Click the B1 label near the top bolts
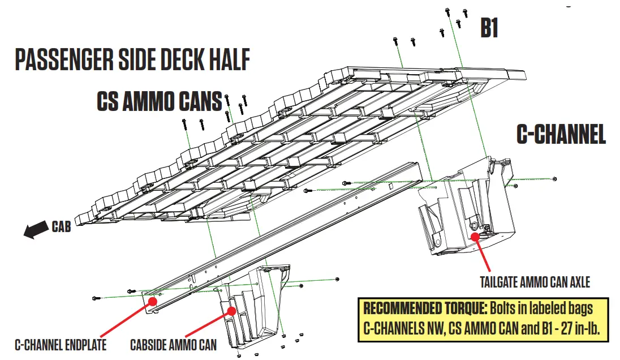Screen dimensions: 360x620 [489, 28]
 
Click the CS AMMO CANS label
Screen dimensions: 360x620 [159, 102]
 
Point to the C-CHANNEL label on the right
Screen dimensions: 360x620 [561, 135]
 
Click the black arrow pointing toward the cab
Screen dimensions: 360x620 [36, 229]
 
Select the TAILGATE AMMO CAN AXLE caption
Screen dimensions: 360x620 [535, 281]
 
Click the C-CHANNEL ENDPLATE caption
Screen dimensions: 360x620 [61, 344]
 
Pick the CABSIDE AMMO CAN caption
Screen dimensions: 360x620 [173, 344]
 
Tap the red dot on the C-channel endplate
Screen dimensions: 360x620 [152, 301]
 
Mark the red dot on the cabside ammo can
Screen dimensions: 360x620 [231, 310]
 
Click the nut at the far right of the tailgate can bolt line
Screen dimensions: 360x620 [554, 179]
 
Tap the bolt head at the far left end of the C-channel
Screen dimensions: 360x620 [94, 298]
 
